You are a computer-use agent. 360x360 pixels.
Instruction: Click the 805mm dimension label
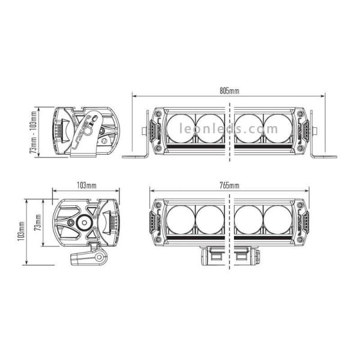pyautogui.click(x=229, y=91)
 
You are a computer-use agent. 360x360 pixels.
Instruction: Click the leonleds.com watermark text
pyautogui.click(x=229, y=129)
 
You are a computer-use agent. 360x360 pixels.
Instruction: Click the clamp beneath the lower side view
pyautogui.click(x=86, y=258)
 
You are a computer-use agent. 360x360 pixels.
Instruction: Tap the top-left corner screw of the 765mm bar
pyautogui.click(x=159, y=204)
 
